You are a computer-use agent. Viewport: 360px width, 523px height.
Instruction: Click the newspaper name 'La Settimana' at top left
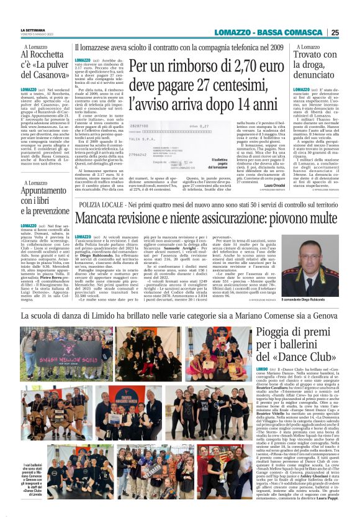(32, 30)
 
